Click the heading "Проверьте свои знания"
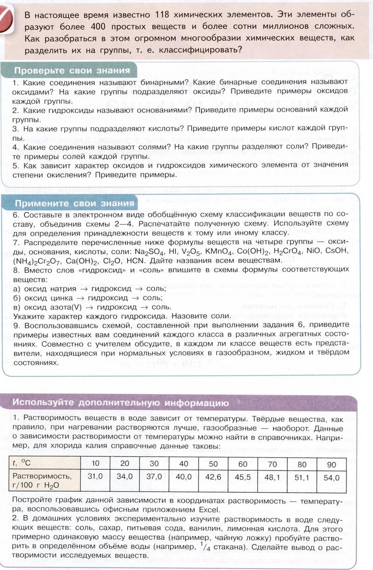[72, 71]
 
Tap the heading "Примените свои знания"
[74, 203]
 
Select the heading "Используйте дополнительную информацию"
[120, 403]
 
